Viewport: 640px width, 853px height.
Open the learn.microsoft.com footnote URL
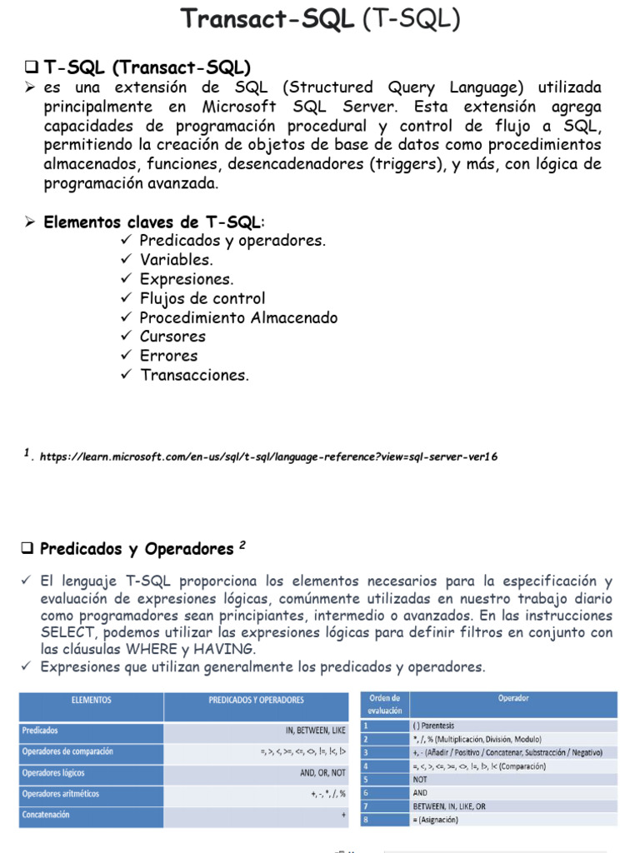pyautogui.click(x=268, y=456)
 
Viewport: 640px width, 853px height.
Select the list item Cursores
pyautogui.click(x=172, y=337)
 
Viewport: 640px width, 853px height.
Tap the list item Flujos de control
pyautogui.click(x=202, y=298)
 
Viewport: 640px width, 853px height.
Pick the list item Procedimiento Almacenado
pyautogui.click(x=238, y=317)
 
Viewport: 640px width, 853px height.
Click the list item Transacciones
pyautogui.click(x=194, y=375)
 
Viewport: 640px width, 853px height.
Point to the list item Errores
pyautogui.click(x=168, y=356)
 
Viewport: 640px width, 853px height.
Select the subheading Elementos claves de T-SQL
pyautogui.click(x=152, y=222)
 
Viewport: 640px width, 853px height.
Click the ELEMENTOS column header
pyautogui.click(x=92, y=701)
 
